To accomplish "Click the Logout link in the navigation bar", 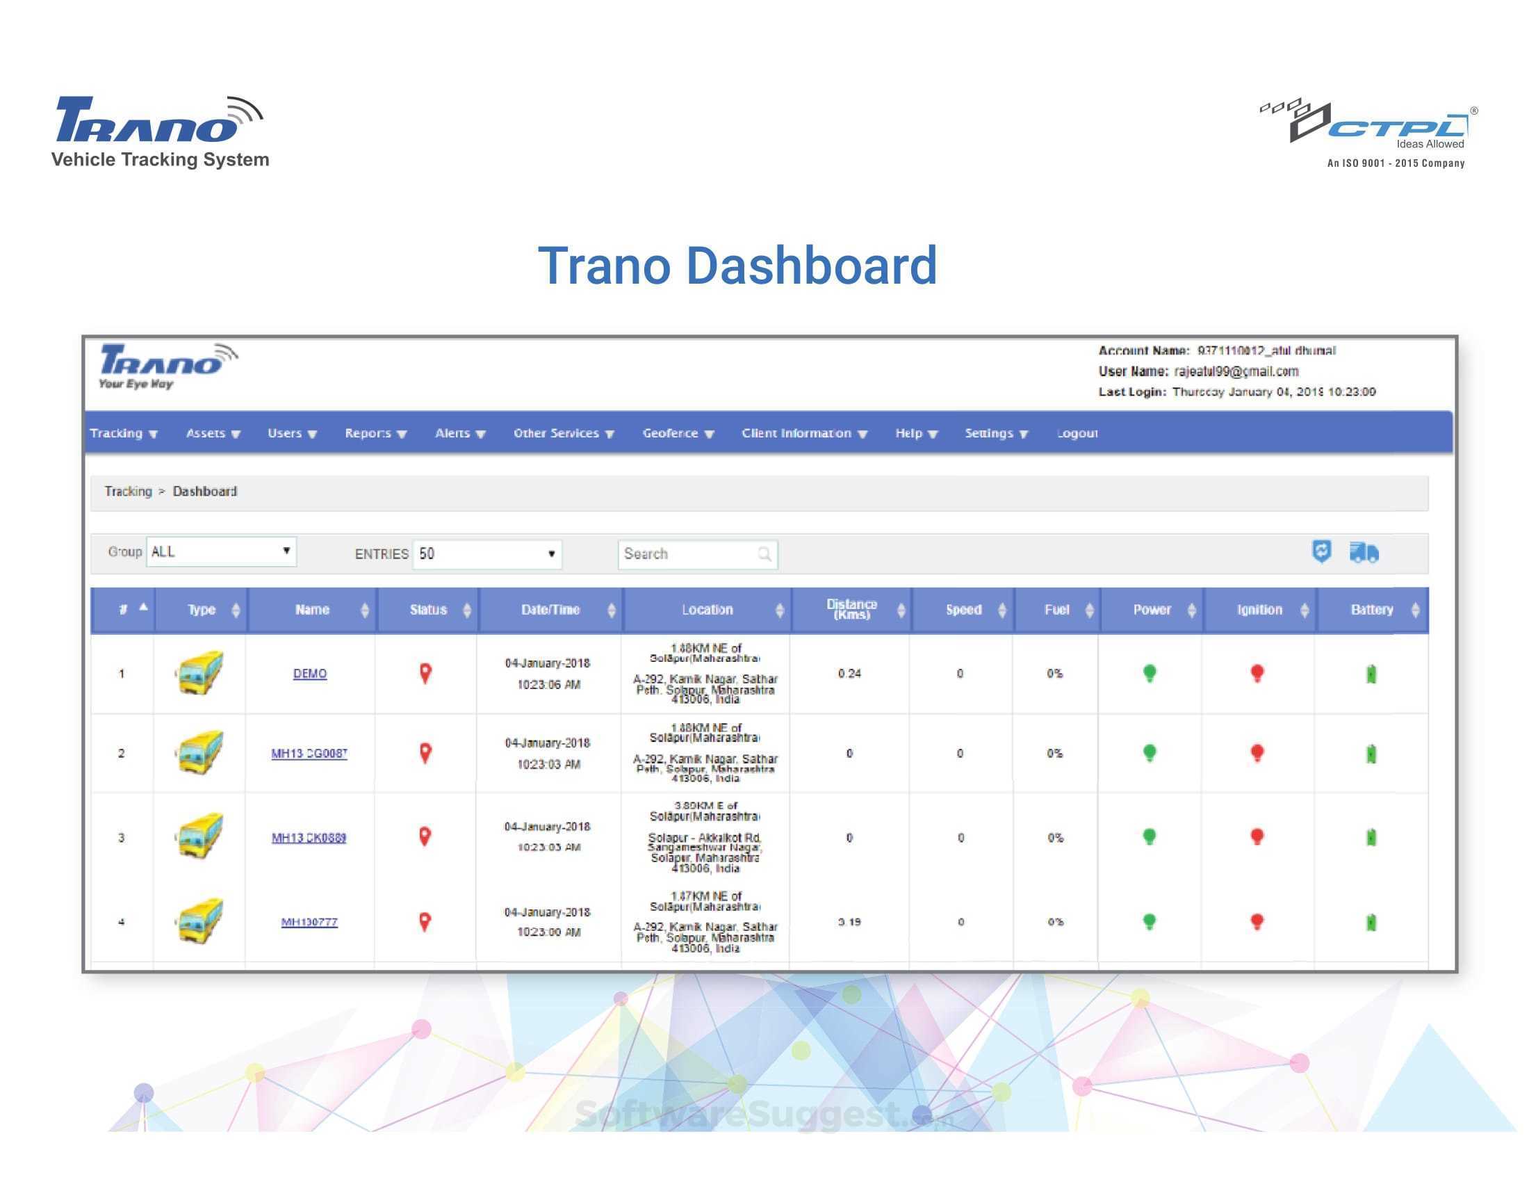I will coord(1077,433).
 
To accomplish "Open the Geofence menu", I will coord(677,433).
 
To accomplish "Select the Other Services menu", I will coord(563,433).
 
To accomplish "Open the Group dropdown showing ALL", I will coord(221,552).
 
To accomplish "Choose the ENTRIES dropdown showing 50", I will coord(487,554).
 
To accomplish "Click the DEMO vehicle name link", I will coord(309,674).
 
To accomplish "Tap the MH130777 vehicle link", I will coord(309,922).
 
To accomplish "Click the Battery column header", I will coord(1371,610).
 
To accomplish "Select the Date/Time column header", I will coord(550,610).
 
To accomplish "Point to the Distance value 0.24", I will coord(849,674).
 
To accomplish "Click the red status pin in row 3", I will coord(425,836).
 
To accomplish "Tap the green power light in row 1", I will coord(1149,673).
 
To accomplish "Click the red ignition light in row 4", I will coord(1257,921).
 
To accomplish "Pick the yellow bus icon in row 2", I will coord(200,753).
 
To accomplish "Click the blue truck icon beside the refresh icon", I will coord(1364,553).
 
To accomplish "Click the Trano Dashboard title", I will coord(737,266).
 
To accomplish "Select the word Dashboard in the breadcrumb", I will coord(204,492).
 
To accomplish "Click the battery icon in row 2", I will coord(1371,754).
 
